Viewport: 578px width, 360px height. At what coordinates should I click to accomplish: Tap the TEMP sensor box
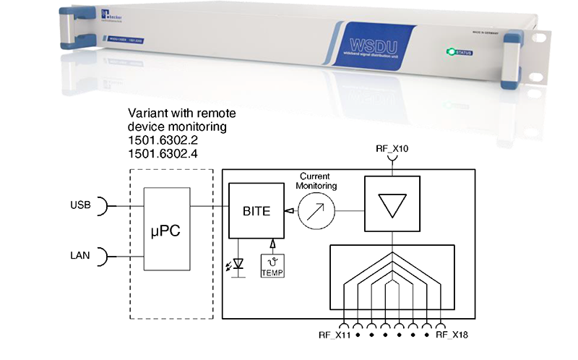(x=274, y=268)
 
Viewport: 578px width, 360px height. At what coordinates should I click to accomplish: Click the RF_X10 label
(x=392, y=148)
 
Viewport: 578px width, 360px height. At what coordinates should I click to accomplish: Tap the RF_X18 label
(x=454, y=335)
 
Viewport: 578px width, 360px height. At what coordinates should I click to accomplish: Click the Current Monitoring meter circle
(x=319, y=211)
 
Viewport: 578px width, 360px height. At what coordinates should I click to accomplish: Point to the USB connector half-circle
(x=103, y=207)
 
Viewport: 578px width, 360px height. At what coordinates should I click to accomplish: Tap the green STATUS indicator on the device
(x=457, y=52)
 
